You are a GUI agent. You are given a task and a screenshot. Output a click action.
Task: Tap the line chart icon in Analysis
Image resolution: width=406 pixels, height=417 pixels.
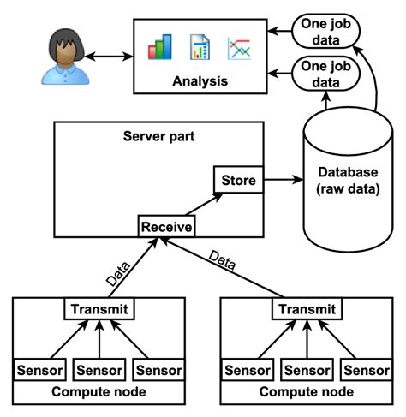(238, 48)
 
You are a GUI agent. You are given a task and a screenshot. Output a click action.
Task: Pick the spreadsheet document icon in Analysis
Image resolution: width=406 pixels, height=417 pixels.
(200, 47)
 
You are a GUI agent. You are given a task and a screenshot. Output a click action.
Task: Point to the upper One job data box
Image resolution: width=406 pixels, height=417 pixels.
(325, 31)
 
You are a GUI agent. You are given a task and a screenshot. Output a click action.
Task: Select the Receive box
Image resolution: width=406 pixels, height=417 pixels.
(167, 227)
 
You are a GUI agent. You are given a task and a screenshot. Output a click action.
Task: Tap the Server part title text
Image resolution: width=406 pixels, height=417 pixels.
(159, 136)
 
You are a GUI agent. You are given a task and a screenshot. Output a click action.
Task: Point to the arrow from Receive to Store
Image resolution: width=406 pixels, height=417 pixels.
(205, 205)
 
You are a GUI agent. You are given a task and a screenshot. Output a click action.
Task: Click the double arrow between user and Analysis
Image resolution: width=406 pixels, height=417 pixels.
(109, 57)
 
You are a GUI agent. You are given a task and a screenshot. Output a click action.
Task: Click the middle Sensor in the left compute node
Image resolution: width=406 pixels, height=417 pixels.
(100, 370)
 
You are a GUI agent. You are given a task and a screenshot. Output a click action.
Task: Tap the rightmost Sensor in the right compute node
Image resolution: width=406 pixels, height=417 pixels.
(366, 370)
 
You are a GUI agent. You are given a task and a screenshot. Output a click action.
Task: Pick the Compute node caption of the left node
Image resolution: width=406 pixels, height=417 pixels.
(100, 392)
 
